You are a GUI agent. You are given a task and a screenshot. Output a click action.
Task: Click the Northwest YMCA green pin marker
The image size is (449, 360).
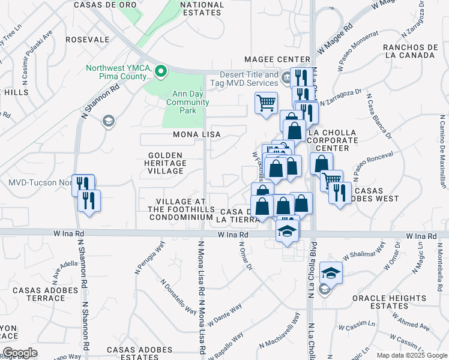pos(160,72)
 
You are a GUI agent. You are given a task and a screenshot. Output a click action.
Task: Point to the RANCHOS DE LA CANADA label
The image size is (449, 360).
pos(408,51)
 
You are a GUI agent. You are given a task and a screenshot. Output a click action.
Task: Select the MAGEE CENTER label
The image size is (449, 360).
pos(277,59)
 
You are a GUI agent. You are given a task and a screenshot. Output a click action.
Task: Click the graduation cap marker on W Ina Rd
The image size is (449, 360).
pos(288,230)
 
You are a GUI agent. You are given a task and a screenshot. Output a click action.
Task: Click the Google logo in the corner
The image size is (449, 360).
pos(20,353)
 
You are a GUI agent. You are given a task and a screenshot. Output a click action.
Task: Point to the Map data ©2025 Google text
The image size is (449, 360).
pos(411,355)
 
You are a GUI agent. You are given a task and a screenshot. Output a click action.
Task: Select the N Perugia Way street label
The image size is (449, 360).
pos(155,255)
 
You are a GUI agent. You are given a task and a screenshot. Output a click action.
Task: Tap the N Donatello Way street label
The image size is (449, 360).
pos(178,295)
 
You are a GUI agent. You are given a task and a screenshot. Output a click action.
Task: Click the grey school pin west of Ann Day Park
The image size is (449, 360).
pos(108,121)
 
